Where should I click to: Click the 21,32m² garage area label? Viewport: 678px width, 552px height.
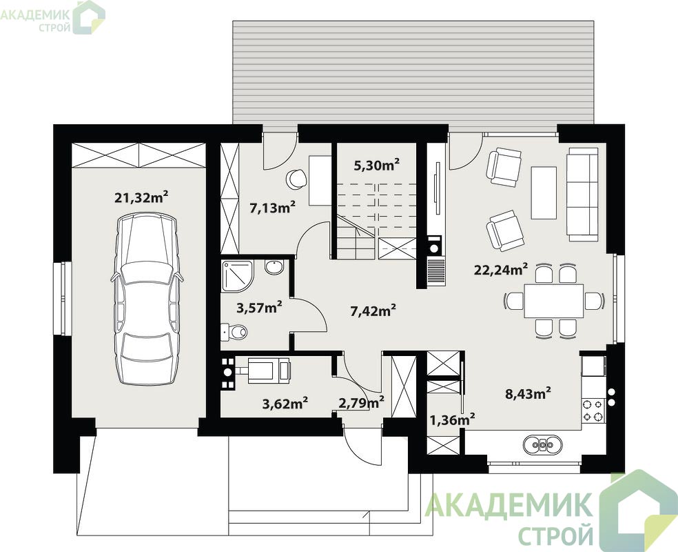[141, 197]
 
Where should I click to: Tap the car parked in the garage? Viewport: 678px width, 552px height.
[147, 299]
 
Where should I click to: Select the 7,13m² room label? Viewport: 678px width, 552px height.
[272, 208]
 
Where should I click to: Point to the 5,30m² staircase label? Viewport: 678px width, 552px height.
[376, 165]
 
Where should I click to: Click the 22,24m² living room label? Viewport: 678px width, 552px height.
[501, 270]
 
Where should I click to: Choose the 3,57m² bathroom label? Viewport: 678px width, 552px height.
[260, 308]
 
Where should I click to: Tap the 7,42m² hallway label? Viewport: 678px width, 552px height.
[373, 310]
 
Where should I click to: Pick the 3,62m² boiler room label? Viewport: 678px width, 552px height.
[285, 404]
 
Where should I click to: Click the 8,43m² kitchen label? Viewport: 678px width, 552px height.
[528, 393]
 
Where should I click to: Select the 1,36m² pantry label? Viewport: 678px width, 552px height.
[453, 419]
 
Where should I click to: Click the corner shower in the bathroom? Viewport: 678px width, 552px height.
[237, 276]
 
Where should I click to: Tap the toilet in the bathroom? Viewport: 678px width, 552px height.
[234, 332]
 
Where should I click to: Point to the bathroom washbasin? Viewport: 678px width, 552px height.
[274, 267]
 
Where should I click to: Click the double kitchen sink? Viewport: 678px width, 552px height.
[543, 444]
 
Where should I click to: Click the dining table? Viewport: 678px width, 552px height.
[554, 301]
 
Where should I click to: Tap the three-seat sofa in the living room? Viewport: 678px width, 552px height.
[583, 194]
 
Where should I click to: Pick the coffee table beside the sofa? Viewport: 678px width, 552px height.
[544, 193]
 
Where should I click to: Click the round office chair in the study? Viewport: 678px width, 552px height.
[296, 179]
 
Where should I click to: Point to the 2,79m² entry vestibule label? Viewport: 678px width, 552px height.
[361, 403]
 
